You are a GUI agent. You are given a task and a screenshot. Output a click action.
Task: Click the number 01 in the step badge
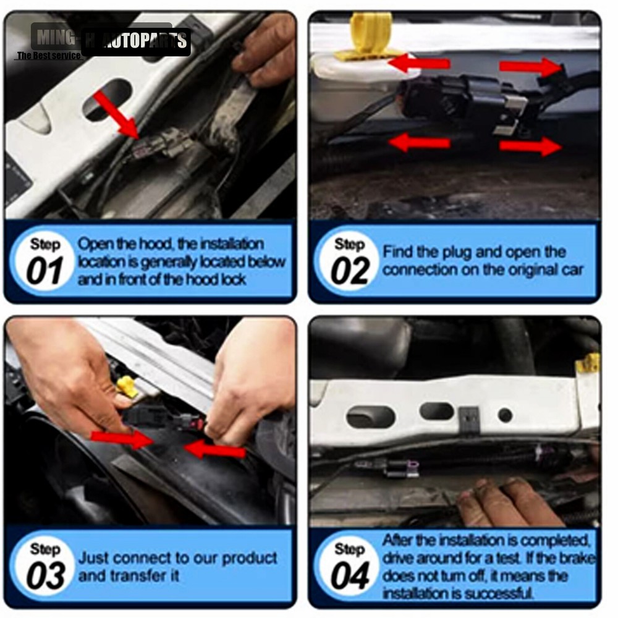point(44,273)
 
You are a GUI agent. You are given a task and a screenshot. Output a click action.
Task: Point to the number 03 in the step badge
point(44,577)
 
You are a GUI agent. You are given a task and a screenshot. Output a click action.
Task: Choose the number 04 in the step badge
point(350,577)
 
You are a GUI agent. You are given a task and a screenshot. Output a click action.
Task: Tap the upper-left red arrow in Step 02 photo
point(420,63)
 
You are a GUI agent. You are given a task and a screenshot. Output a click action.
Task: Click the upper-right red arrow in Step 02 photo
point(528,66)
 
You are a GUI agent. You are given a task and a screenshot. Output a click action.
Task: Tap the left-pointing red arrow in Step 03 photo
point(216,450)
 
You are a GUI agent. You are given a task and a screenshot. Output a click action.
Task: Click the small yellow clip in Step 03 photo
point(127,386)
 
